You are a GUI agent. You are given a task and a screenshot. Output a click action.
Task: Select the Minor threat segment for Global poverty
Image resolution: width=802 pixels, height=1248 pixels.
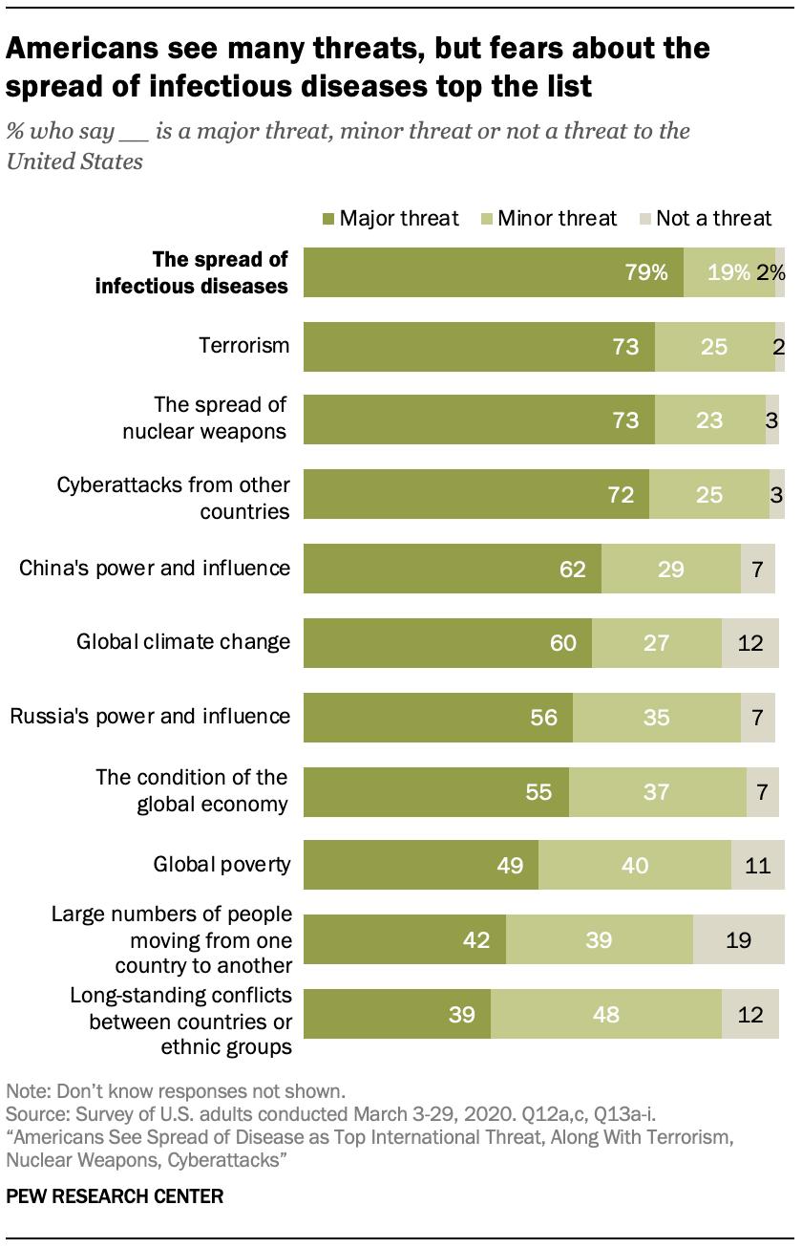coord(635,866)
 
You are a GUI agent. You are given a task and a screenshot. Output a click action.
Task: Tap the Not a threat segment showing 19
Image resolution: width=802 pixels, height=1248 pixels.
coord(736,940)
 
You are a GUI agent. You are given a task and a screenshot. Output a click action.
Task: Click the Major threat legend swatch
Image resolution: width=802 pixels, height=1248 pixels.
coord(327,219)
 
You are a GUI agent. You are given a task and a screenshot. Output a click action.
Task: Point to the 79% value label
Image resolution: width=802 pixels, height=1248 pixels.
coord(646,272)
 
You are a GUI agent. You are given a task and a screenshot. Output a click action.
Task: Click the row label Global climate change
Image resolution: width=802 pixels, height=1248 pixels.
coord(183,641)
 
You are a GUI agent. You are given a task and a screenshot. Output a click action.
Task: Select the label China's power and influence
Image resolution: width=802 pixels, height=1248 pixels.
coord(155,568)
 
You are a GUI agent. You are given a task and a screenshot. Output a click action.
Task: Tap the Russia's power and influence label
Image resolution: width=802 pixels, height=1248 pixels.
coord(150,716)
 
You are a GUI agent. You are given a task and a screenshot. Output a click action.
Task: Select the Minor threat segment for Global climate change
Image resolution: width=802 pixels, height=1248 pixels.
coord(657,642)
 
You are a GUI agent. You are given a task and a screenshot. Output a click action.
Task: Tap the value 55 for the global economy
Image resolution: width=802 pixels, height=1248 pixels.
coord(538,792)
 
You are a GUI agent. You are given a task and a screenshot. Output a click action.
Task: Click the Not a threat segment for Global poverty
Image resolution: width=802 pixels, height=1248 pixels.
coord(755,866)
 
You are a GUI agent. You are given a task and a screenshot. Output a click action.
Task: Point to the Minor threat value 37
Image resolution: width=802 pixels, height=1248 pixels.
coord(656,792)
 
